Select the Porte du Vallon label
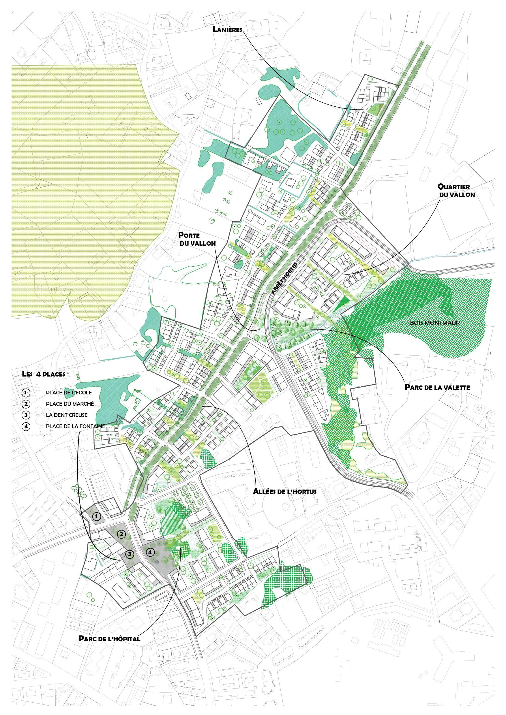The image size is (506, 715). click(x=197, y=239)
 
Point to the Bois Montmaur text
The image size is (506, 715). click(x=435, y=323)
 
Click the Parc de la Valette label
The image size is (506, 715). click(x=437, y=387)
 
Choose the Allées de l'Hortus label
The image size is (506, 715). click(x=284, y=491)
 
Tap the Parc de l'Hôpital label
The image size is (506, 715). click(x=109, y=639)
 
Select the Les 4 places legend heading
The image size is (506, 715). click(x=44, y=374)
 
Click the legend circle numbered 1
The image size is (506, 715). click(x=26, y=393)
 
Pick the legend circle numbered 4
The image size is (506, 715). click(x=26, y=426)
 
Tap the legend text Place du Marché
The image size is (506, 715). click(x=70, y=404)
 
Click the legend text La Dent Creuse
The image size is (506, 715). click(x=67, y=415)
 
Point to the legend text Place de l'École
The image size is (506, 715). click(x=69, y=393)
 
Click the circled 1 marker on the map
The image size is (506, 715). click(x=97, y=517)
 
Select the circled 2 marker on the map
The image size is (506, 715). click(x=121, y=535)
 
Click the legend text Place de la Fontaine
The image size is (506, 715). click(x=75, y=426)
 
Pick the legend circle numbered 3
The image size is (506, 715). click(x=26, y=415)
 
